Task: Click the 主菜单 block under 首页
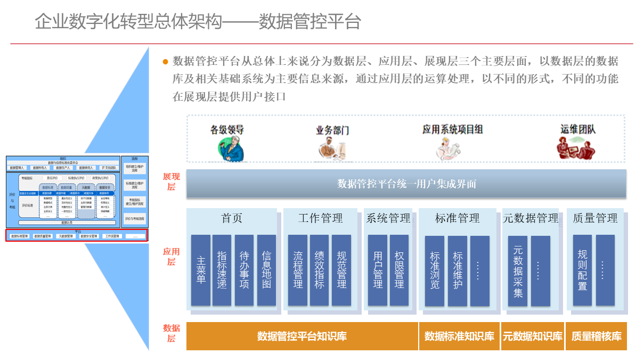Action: tap(201, 270)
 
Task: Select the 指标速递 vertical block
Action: tap(222, 270)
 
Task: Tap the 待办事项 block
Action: tap(244, 270)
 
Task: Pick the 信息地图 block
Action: tap(266, 270)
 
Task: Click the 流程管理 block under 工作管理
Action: tap(298, 270)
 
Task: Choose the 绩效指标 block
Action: tap(319, 270)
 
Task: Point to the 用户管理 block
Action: tap(378, 270)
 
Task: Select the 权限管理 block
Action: tap(400, 270)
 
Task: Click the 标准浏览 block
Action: tap(435, 270)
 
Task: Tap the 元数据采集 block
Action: tap(518, 270)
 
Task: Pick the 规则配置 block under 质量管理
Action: tap(582, 270)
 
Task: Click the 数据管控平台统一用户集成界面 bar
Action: tap(406, 184)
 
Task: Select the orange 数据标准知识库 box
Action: tap(459, 336)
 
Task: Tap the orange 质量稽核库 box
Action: tap(596, 336)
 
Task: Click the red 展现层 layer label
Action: tap(172, 182)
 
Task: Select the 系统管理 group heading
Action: tap(388, 218)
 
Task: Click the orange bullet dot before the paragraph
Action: tap(165, 62)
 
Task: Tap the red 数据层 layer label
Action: tap(172, 333)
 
